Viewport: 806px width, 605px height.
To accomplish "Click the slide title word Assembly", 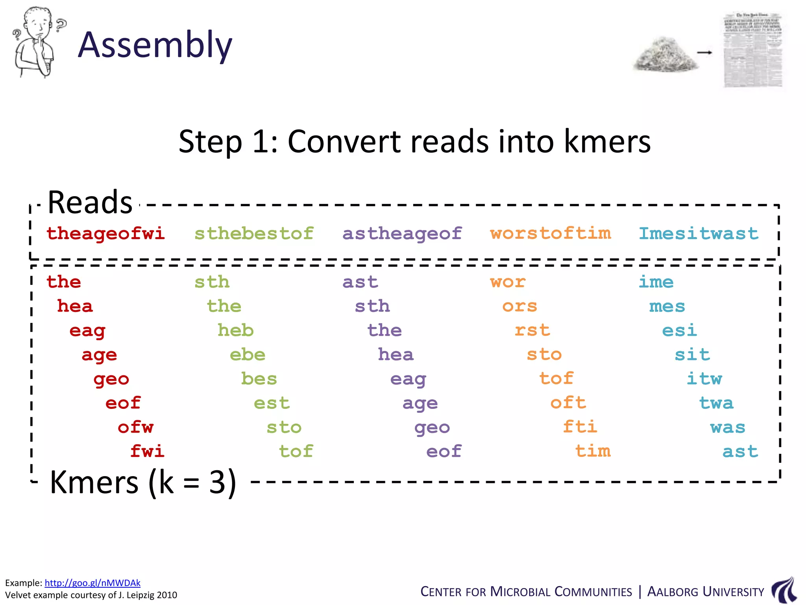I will (x=155, y=45).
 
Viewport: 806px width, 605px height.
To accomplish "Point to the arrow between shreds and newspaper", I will (x=704, y=52).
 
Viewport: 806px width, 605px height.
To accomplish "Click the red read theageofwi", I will (x=105, y=233).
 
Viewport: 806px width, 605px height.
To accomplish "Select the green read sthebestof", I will (x=254, y=233).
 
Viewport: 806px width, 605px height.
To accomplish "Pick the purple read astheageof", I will (x=402, y=233).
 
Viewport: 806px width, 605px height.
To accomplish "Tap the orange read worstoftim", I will (x=550, y=233).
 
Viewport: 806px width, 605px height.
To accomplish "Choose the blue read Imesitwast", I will (x=698, y=233).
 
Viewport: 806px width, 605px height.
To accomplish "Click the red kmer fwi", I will (x=147, y=451).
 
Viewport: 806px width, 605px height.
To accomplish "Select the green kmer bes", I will (x=259, y=379).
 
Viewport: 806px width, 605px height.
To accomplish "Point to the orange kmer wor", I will (x=508, y=282).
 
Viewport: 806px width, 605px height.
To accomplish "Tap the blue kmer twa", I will (x=716, y=403).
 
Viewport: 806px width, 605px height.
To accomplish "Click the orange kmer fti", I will (x=580, y=427).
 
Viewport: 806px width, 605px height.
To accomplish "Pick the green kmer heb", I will (x=236, y=330).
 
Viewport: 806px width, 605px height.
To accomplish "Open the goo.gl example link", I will (x=92, y=583).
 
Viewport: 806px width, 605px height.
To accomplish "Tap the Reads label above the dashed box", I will (x=90, y=202).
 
